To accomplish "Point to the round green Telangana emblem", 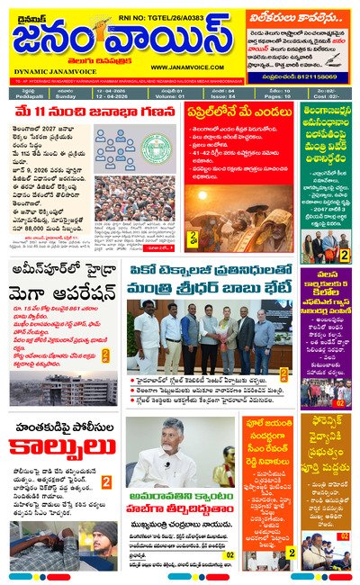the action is click(x=156, y=148).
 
